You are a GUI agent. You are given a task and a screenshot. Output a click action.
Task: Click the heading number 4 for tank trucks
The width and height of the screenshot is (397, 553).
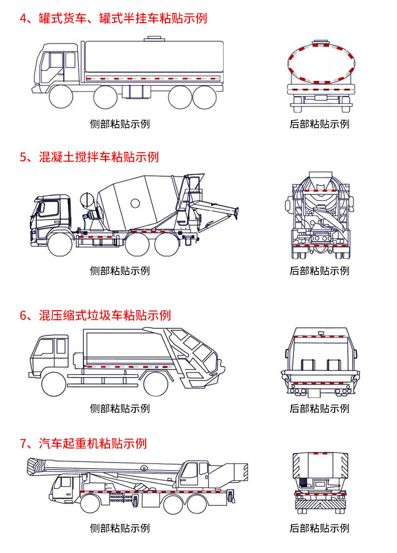(x=23, y=19)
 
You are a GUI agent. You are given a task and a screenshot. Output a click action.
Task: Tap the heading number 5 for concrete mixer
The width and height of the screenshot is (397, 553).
(x=23, y=157)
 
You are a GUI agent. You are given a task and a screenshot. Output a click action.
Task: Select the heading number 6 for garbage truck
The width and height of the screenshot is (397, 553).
(x=23, y=315)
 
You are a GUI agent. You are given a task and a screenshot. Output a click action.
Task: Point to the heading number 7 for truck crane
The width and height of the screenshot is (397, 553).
(x=23, y=443)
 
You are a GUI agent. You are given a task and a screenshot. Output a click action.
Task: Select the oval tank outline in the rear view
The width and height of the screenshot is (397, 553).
(x=320, y=63)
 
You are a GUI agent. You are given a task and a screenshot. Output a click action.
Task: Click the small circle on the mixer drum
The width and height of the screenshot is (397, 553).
(x=135, y=203)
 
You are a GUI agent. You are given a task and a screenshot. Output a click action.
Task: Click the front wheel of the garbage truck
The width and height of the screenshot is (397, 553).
(x=54, y=385)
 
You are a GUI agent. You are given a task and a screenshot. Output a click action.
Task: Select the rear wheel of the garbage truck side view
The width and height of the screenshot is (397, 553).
(x=155, y=385)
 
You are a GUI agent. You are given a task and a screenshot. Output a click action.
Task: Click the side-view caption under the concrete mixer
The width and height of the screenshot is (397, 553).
(x=120, y=271)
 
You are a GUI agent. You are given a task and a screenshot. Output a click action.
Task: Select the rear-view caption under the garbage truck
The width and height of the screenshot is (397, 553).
(x=319, y=409)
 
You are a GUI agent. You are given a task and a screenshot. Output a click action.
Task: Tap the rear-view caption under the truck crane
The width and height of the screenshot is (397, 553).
(x=319, y=528)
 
